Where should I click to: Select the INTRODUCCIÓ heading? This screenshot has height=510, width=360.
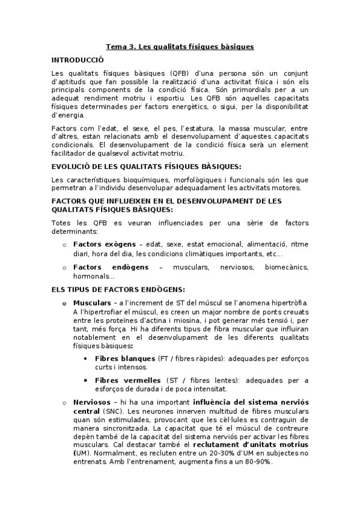click(78, 60)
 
